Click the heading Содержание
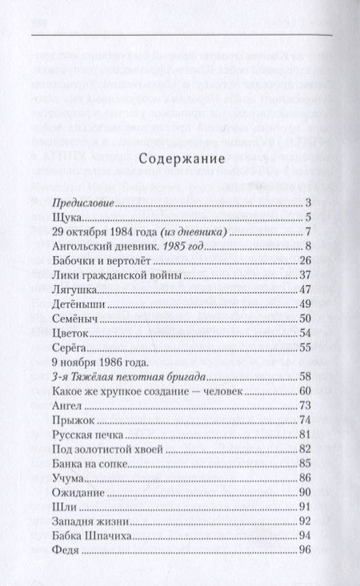[179, 160]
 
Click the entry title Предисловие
[82, 203]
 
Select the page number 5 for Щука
[307, 218]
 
